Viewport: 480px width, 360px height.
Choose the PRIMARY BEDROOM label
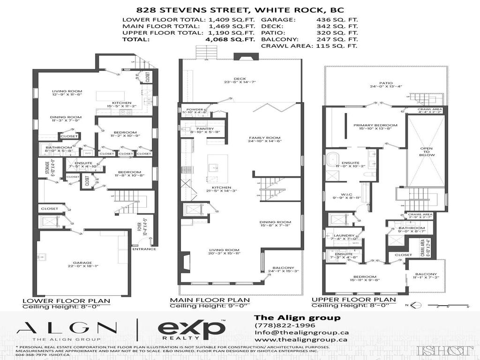pos(375,125)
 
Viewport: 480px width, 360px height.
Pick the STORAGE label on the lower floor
pos(47,167)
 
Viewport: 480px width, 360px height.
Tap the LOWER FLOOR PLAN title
pos(66,301)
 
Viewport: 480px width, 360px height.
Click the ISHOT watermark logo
pos(445,350)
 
